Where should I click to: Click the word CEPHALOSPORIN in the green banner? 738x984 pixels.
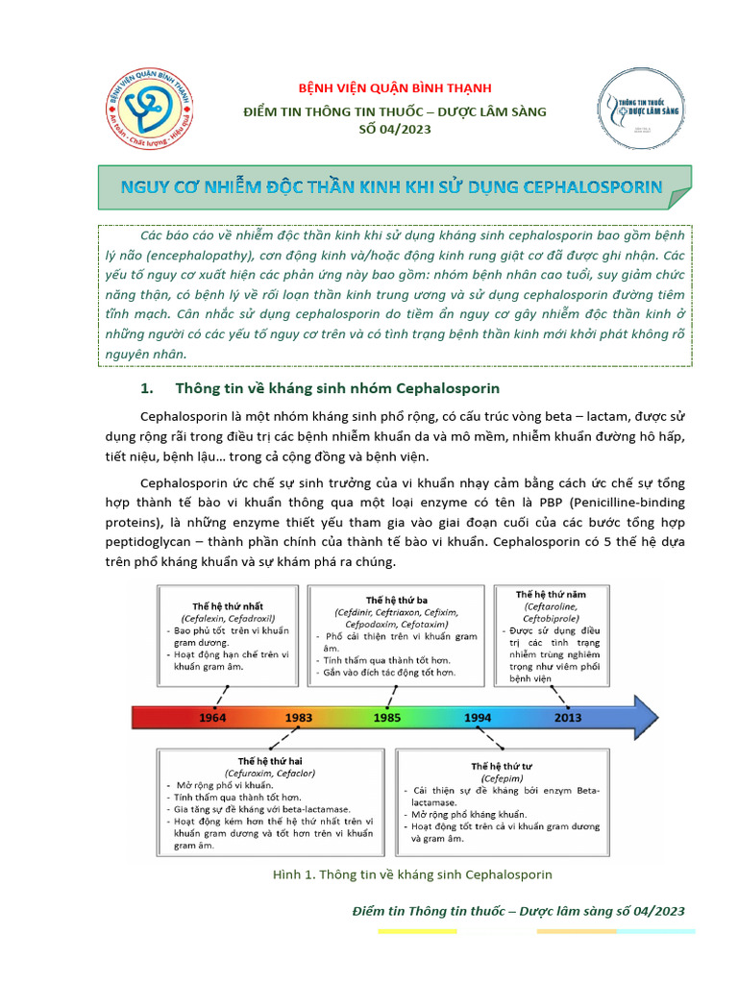(593, 186)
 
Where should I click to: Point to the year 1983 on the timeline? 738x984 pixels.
(298, 718)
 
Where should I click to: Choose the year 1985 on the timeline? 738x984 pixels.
(387, 718)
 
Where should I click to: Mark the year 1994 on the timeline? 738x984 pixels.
(478, 718)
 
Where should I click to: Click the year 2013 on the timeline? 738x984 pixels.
(568, 718)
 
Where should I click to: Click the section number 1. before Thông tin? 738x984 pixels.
(148, 389)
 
